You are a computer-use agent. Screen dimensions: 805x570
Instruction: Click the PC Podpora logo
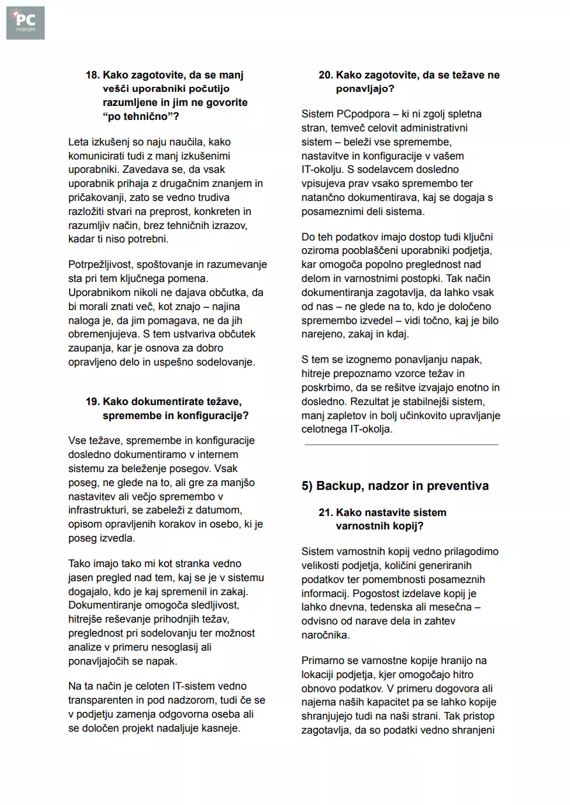click(26, 23)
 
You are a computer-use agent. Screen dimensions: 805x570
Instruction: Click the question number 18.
click(92, 75)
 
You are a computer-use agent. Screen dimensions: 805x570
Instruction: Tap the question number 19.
click(92, 402)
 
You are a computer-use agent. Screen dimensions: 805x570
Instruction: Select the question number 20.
click(325, 75)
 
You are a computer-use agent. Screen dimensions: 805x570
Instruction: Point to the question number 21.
click(325, 513)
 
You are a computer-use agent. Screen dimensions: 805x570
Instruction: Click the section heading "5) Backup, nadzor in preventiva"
click(395, 486)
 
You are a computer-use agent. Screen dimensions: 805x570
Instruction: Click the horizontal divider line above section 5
click(401, 444)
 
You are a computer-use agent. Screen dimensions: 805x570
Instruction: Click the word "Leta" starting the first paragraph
click(79, 142)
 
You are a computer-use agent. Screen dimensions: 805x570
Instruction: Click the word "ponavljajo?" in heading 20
click(365, 89)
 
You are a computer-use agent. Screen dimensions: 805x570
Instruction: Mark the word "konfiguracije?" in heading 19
click(214, 416)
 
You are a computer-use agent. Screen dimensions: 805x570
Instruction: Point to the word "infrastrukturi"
click(99, 510)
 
